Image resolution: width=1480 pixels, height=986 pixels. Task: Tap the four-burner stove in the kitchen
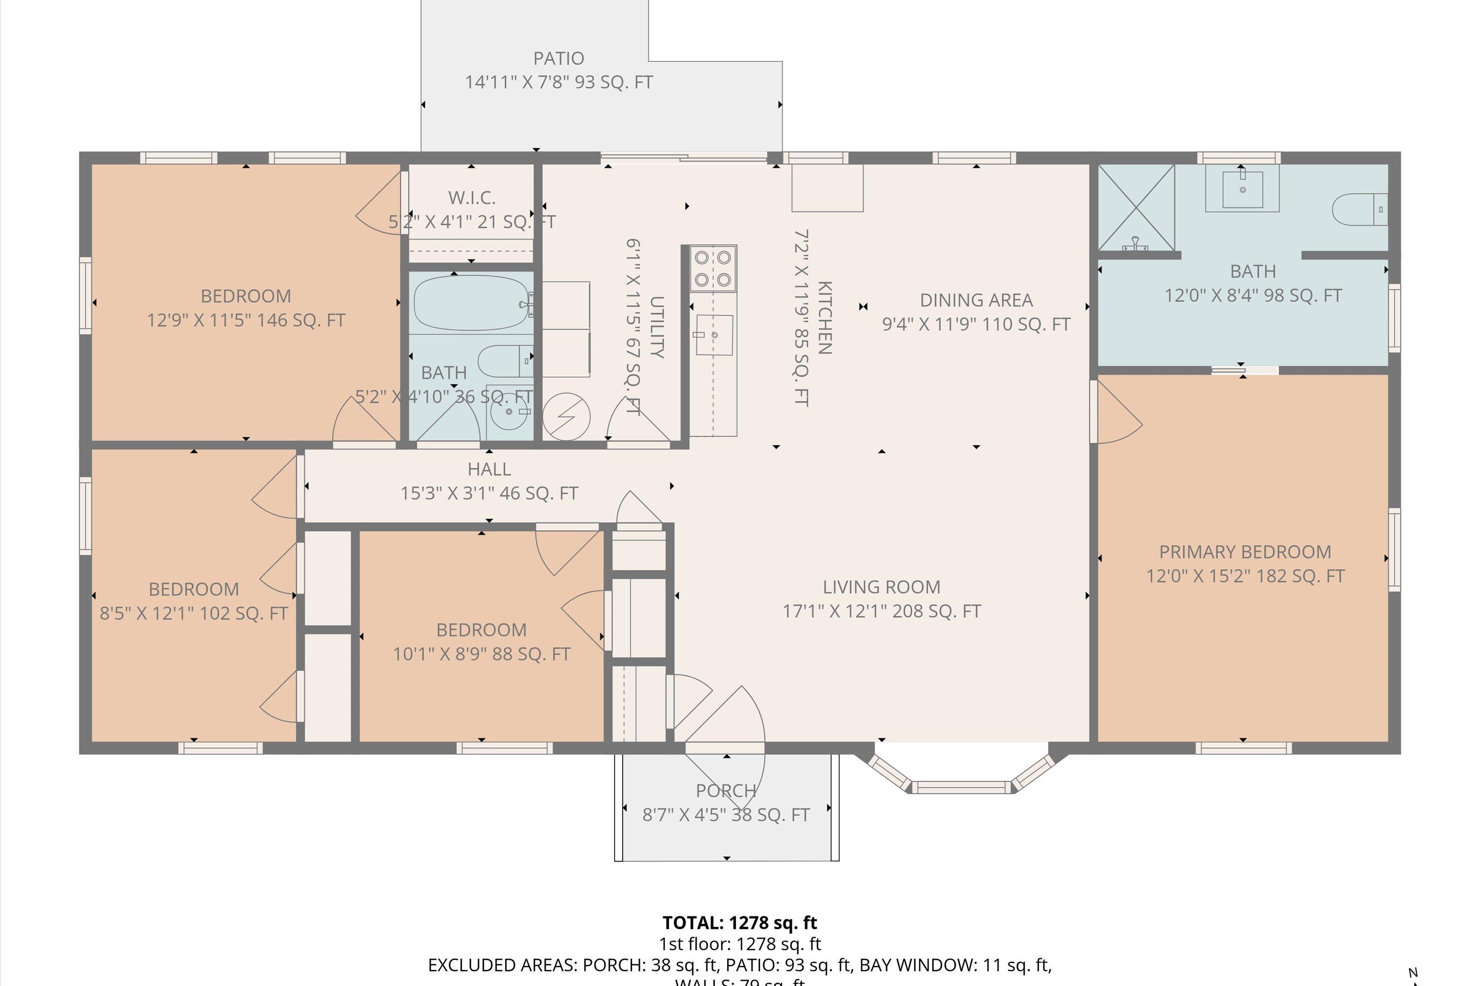[713, 269]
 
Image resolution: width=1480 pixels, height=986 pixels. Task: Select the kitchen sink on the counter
[715, 335]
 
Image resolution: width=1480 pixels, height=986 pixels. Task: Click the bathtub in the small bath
[471, 303]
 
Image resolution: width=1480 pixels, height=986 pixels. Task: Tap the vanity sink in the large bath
[1242, 189]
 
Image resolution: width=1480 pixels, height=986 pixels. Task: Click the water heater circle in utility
[566, 416]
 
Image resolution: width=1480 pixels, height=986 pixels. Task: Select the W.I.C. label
[472, 198]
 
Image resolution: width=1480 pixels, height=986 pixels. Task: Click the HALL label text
[489, 469]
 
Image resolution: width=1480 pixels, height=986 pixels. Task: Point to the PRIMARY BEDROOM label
[1245, 552]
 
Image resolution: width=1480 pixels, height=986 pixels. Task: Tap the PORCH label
[726, 790]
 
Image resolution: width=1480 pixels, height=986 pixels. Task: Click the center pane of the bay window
[961, 787]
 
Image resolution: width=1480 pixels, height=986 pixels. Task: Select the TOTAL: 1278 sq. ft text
[740, 923]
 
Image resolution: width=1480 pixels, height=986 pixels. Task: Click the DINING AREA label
[976, 301]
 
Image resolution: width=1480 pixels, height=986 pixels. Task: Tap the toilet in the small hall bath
[503, 361]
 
